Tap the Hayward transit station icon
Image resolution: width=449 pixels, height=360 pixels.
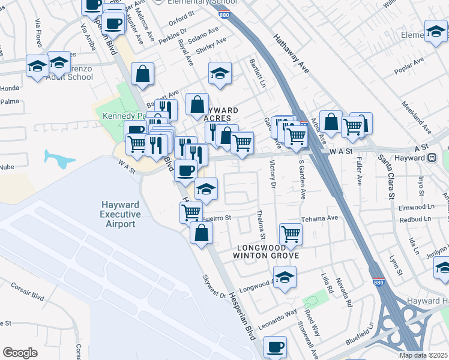tap(431, 158)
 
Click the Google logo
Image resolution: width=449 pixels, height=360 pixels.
tap(20, 353)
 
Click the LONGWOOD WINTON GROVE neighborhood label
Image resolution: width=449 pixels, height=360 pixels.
tap(267, 251)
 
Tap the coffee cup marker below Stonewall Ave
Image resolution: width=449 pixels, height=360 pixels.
tap(275, 347)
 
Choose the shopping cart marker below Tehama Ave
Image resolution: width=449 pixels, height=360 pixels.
tap(291, 233)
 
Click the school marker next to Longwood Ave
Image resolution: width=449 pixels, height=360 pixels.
tap(285, 278)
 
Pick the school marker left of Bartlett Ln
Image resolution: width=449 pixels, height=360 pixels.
tap(220, 74)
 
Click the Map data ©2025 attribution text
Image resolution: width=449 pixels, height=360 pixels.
tap(424, 355)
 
